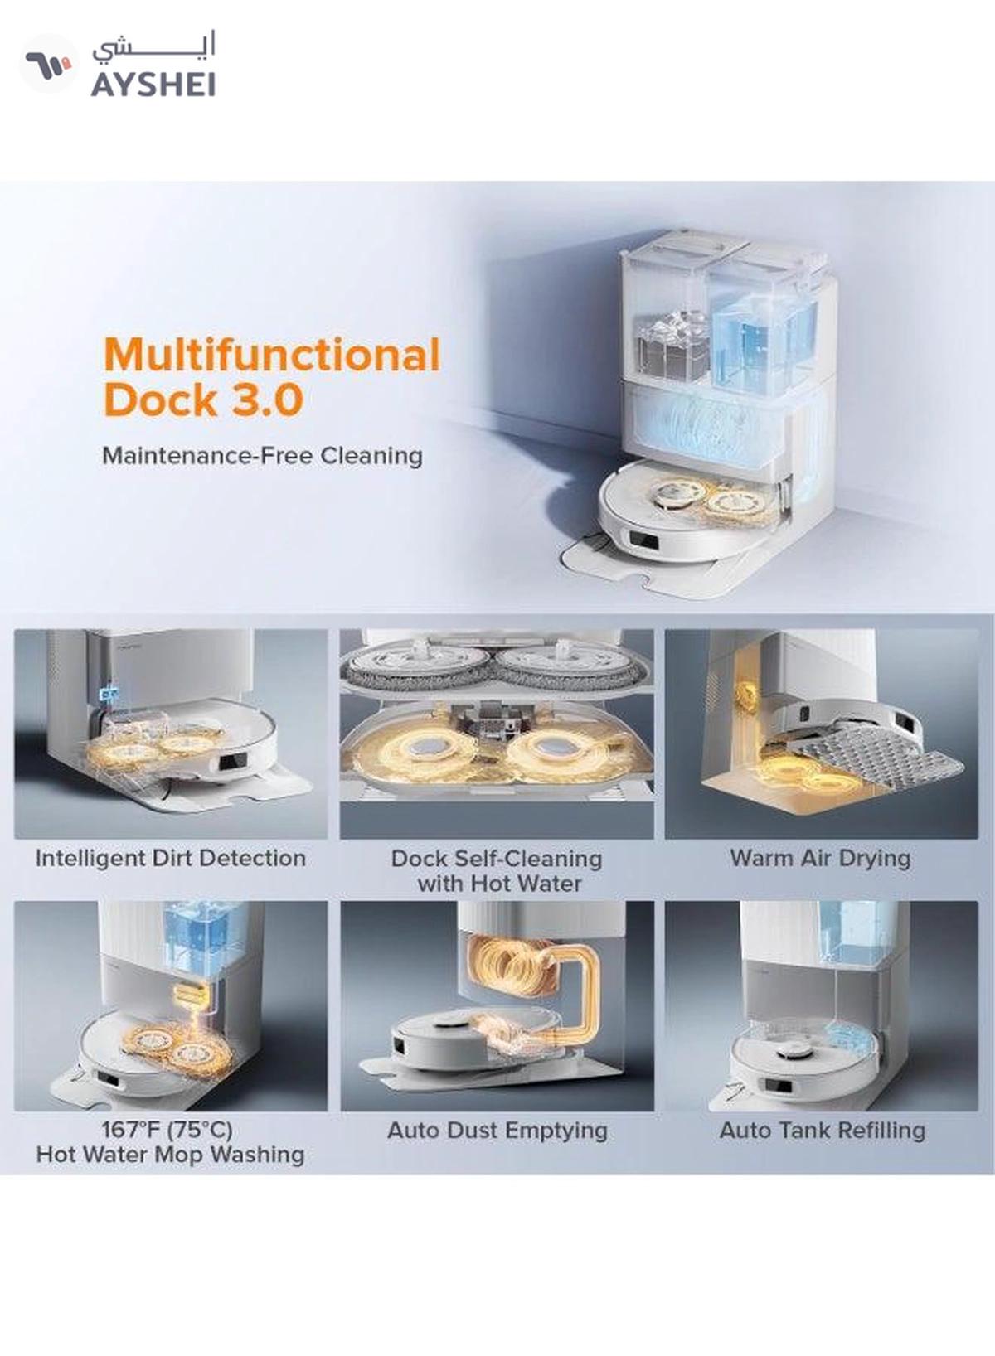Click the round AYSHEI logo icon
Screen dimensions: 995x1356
pos(49,63)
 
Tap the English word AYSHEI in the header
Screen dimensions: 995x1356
pos(153,85)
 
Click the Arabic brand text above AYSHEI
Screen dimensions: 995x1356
pos(154,47)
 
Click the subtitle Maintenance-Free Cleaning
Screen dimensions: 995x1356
pos(262,455)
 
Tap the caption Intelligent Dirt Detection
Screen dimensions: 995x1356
pos(171,859)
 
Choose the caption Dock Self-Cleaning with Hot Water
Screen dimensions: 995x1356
pos(498,871)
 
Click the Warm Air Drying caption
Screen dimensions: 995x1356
pos(821,859)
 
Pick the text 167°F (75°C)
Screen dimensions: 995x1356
pos(167,1130)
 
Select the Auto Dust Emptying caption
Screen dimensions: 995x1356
pos(498,1131)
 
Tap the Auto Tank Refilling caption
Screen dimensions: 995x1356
pos(823,1131)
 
